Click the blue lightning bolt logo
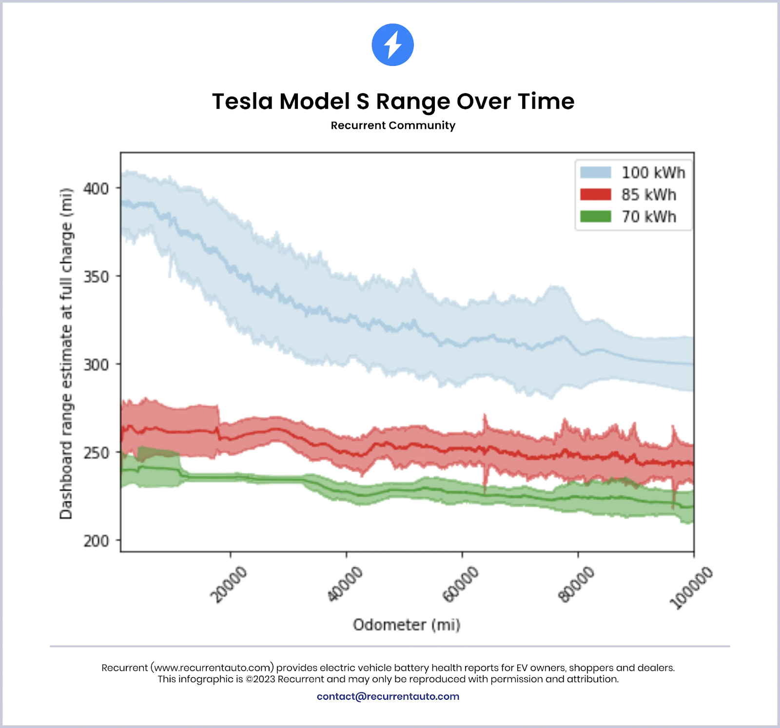[x=392, y=44]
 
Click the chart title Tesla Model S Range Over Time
[x=393, y=101]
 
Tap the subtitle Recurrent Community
[x=393, y=125]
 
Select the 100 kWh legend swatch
[x=595, y=172]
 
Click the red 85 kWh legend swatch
[x=595, y=195]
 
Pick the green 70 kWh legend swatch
[x=595, y=216]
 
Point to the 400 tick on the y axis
[x=96, y=188]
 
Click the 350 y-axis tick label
[x=96, y=277]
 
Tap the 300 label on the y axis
[x=96, y=364]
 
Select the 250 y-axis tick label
[x=96, y=453]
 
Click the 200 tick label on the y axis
[x=96, y=541]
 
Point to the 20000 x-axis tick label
[x=229, y=584]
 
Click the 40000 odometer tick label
[x=345, y=584]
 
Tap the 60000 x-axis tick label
[x=460, y=584]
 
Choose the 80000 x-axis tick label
[x=576, y=584]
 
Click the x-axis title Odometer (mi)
[x=407, y=625]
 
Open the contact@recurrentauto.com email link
[x=388, y=696]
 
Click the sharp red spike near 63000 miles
[x=485, y=420]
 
